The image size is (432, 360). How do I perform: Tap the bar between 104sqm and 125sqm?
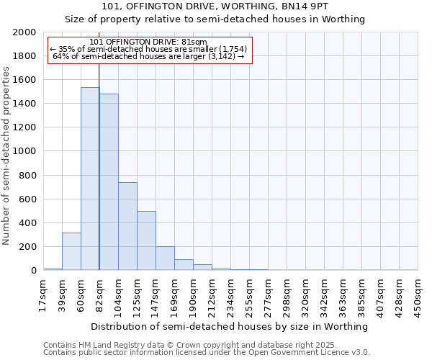point(127,226)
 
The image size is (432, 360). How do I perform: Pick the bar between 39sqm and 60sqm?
point(71,251)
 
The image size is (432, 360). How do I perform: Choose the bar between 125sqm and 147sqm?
point(146,240)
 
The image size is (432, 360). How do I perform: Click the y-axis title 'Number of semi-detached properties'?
point(6,156)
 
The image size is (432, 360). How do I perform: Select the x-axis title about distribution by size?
point(230,326)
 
